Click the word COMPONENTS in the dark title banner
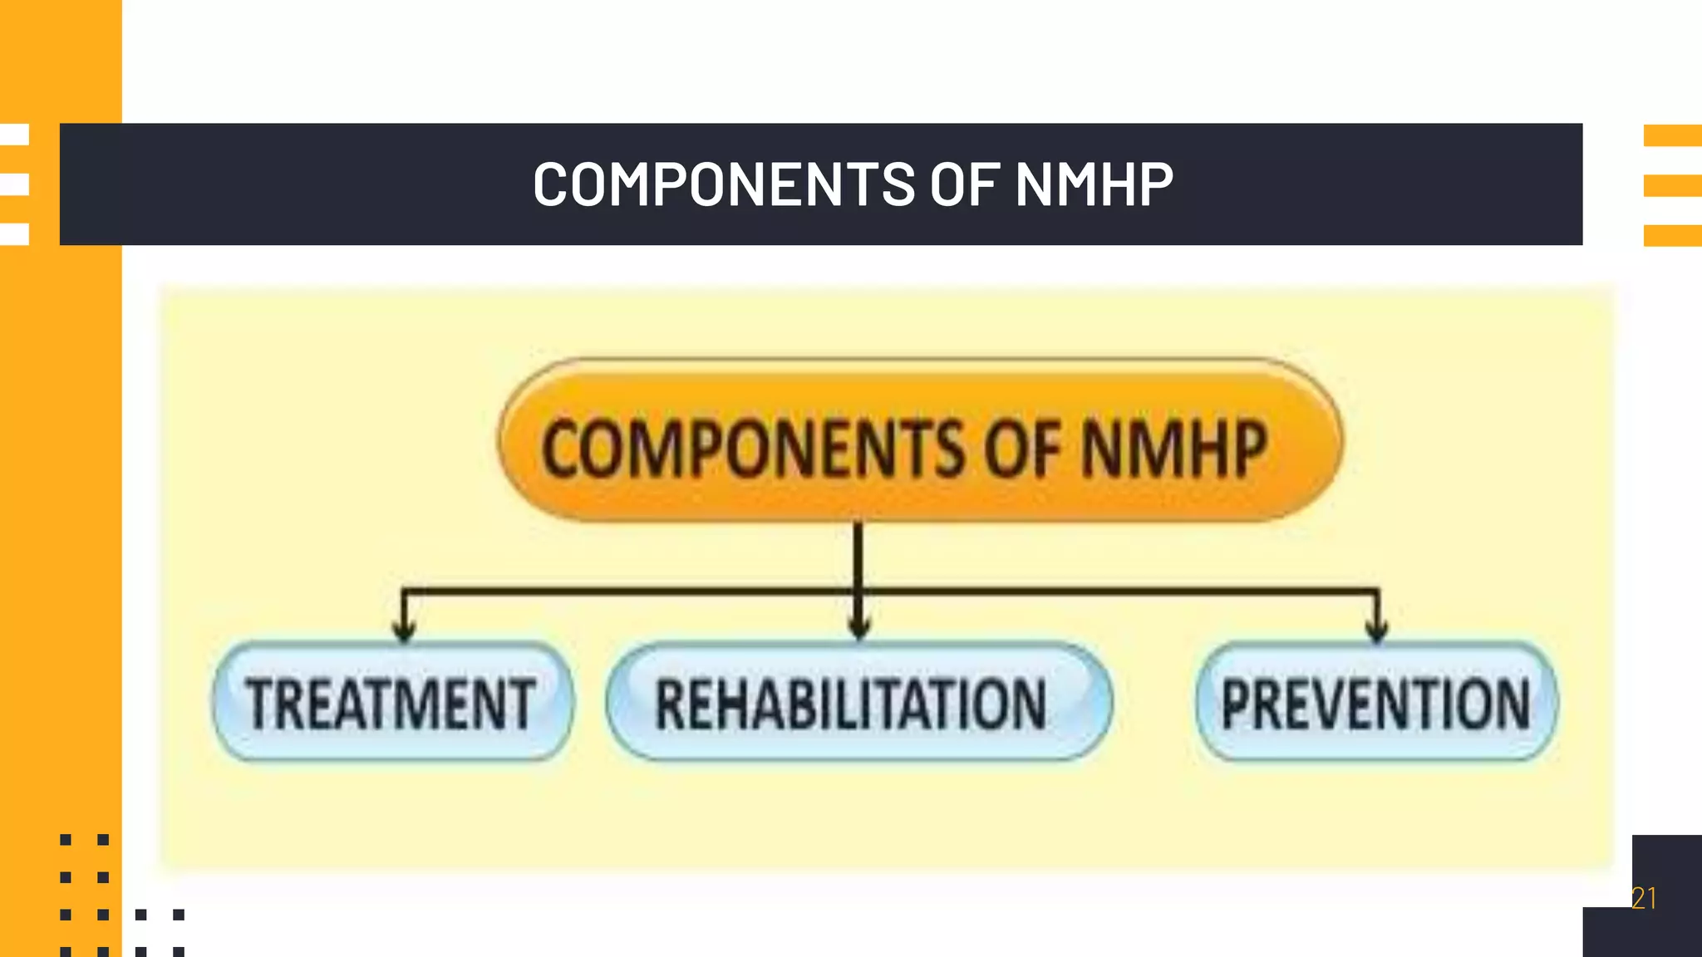tap(724, 184)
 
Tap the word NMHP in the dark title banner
tap(1094, 184)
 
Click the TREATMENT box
tap(391, 703)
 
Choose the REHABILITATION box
tap(858, 703)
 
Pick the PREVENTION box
tap(1376, 703)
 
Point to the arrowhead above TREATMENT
tap(404, 630)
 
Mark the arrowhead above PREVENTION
tap(1377, 630)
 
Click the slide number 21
tap(1644, 898)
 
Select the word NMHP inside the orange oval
tap(1173, 449)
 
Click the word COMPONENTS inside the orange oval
tap(753, 449)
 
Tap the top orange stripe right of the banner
tap(1672, 135)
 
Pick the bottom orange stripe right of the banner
tap(1672, 235)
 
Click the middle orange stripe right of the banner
tap(1672, 185)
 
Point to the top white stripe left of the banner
tap(15, 135)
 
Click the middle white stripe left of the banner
tap(15, 184)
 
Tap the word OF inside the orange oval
tap(1022, 449)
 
